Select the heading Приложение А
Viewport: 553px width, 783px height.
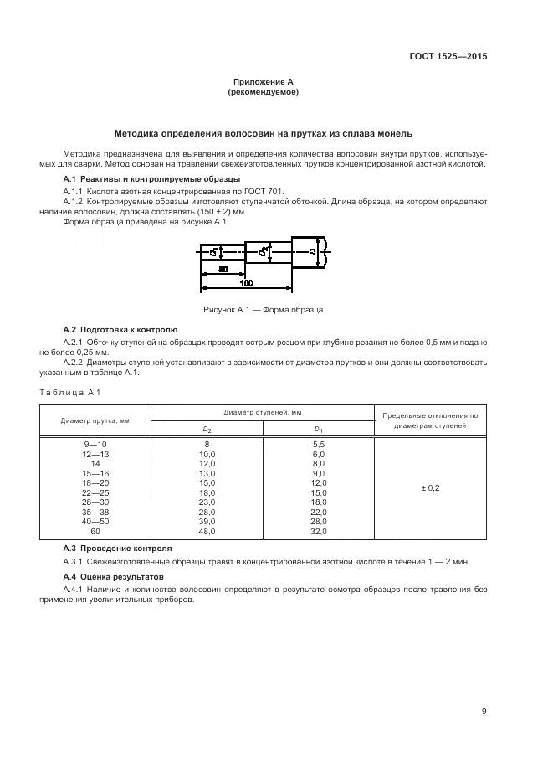tap(263, 82)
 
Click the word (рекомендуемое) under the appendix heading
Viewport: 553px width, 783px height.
tap(263, 92)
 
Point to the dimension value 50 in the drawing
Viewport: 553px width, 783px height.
tap(223, 270)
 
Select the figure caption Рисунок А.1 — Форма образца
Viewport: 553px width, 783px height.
tap(263, 310)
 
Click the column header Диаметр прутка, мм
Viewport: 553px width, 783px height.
tap(95, 420)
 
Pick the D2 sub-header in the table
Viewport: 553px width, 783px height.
tap(207, 429)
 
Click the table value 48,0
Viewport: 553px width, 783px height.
tap(207, 532)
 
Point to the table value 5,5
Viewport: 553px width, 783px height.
tap(318, 444)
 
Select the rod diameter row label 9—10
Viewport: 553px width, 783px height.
tap(95, 444)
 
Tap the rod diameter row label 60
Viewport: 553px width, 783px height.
tap(95, 532)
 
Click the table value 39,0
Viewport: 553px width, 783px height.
tap(207, 522)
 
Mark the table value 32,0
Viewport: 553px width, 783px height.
tap(318, 532)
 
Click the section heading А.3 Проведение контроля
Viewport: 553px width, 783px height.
tap(118, 548)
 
